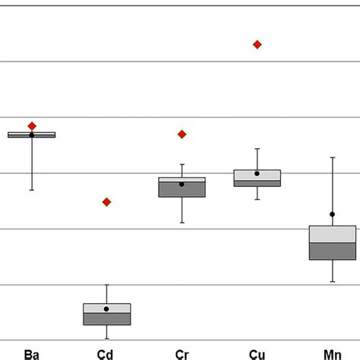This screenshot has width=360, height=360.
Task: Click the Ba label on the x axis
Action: click(x=31, y=353)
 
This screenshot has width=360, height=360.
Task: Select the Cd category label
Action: click(x=106, y=353)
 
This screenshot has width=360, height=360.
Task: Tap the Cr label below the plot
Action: click(x=182, y=353)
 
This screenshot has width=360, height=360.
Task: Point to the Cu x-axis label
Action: click(x=257, y=353)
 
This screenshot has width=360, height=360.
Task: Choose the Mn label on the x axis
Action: click(x=332, y=353)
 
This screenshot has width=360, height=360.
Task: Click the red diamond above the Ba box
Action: click(x=32, y=125)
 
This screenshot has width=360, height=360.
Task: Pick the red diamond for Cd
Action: click(x=106, y=202)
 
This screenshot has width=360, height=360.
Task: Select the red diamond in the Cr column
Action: click(x=182, y=134)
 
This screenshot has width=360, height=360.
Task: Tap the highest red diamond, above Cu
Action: click(x=257, y=45)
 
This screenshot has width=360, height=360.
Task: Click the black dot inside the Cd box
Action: click(x=106, y=309)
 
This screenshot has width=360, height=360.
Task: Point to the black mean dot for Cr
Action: click(x=182, y=185)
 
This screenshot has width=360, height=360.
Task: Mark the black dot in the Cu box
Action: click(x=257, y=174)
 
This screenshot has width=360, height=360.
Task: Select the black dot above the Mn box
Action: click(x=333, y=215)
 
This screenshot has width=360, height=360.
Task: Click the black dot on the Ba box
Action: click(x=32, y=134)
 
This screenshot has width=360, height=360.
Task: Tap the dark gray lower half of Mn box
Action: click(x=333, y=251)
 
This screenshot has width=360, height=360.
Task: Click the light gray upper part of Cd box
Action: click(x=106, y=308)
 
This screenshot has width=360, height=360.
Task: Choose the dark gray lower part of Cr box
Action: click(x=182, y=190)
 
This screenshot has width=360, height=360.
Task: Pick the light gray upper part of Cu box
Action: click(x=257, y=175)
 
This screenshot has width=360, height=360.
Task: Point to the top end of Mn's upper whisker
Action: click(x=333, y=157)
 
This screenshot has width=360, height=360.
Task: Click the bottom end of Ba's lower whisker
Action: click(x=32, y=190)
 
